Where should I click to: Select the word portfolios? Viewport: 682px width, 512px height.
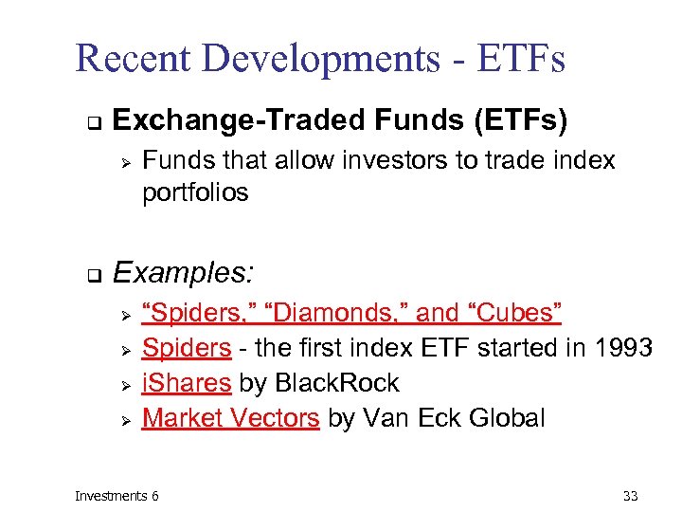point(195,192)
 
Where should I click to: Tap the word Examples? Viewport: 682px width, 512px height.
point(184,274)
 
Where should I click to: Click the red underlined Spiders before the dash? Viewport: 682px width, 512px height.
point(187,348)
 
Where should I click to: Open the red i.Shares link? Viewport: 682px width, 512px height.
point(187,383)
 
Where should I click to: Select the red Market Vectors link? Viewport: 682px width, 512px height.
point(230,418)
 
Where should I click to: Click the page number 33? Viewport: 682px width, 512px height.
point(631,496)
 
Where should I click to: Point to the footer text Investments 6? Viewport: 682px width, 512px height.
point(117,496)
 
